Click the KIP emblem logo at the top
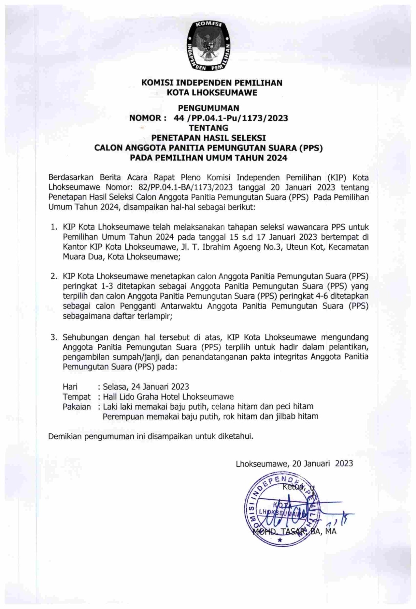pos(208,45)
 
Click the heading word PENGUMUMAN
pos(208,108)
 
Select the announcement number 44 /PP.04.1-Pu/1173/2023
pos(231,118)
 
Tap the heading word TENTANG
pos(208,128)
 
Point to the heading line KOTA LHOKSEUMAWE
pos(212,93)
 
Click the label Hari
pos(70,387)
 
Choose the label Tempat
pos(77,397)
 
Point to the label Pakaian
pos(77,407)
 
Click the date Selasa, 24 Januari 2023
pos(146,387)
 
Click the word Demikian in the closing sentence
pos(65,436)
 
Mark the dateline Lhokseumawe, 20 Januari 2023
pos(294,463)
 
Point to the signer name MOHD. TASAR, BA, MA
pos(294,531)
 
